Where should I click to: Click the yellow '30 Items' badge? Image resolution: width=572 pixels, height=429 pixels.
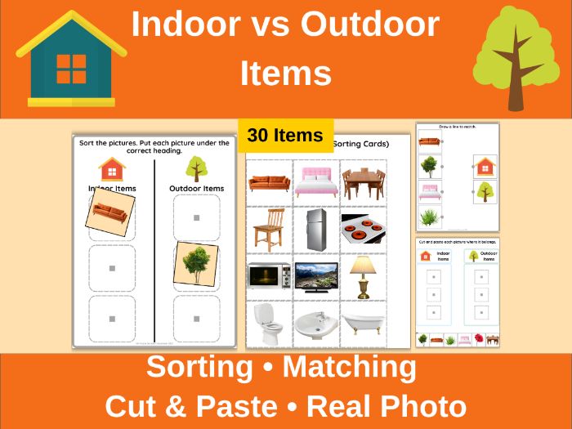(x=286, y=135)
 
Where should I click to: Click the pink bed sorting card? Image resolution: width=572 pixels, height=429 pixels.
(x=316, y=181)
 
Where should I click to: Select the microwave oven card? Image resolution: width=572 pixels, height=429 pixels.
(x=269, y=275)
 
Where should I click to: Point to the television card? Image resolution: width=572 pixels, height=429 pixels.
(x=316, y=276)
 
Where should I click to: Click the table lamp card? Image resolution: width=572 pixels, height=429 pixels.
(x=362, y=275)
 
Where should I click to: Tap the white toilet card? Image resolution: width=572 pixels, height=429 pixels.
(x=269, y=322)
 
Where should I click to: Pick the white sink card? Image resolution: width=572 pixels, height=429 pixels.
(x=316, y=324)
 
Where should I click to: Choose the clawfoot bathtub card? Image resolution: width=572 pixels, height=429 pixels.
(x=363, y=324)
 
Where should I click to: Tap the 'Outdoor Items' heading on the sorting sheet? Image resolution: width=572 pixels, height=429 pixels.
(x=195, y=189)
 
